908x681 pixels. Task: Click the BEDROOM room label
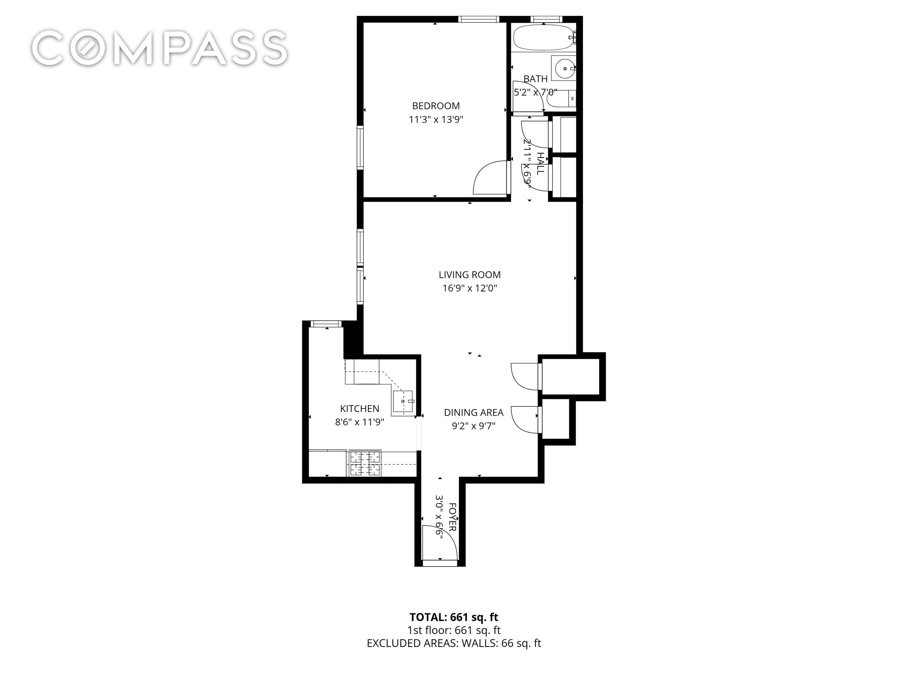[435, 106]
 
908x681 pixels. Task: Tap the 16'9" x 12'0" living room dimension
[469, 288]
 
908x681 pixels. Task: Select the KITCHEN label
[359, 409]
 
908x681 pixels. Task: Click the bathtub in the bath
[543, 38]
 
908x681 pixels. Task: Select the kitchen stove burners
[365, 463]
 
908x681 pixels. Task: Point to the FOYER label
[452, 517]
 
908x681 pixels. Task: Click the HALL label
[541, 163]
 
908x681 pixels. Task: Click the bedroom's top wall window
[478, 19]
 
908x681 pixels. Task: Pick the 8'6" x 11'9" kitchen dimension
[359, 422]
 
